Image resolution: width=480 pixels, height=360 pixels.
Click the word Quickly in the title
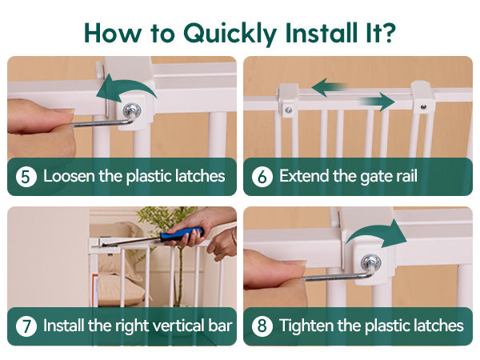[230, 34]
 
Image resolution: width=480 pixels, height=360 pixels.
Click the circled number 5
[26, 177]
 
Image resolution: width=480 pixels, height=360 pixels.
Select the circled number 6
[262, 177]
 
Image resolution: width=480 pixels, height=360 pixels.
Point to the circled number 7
[26, 326]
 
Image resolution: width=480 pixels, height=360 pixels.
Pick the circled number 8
[262, 326]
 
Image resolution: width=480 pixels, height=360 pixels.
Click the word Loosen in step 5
[69, 176]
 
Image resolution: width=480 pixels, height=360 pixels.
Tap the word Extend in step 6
[304, 176]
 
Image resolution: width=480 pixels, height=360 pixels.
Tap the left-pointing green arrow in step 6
[329, 87]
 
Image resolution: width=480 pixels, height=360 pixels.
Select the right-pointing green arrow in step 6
[377, 102]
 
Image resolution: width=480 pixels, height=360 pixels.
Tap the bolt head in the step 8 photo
[370, 262]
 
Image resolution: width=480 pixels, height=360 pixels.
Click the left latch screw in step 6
[288, 110]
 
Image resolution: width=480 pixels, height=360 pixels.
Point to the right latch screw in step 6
[423, 107]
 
